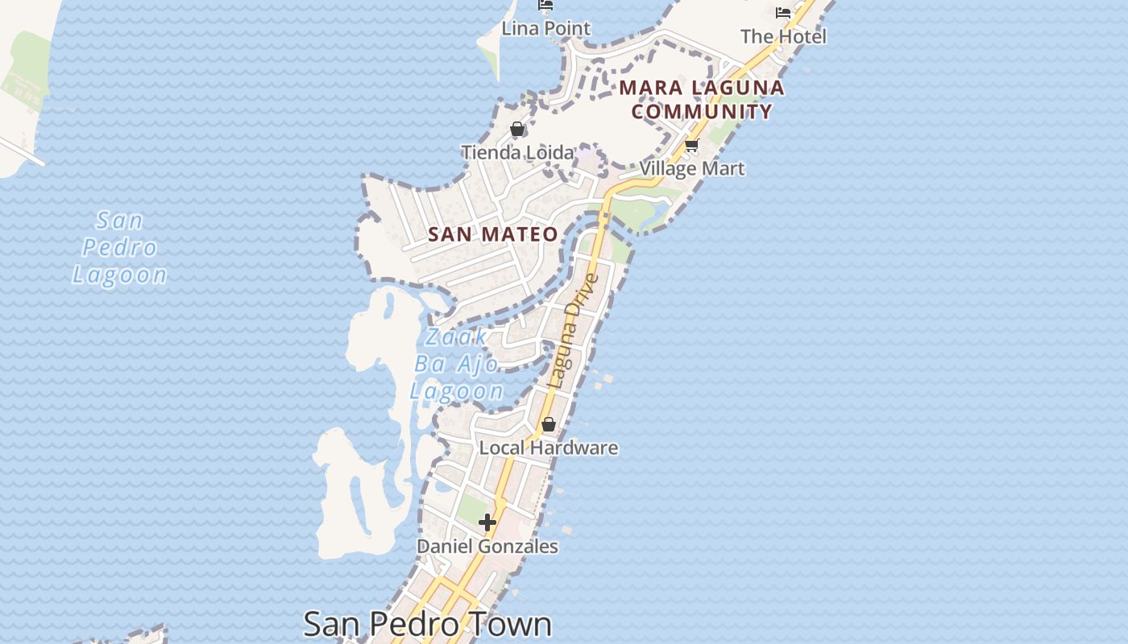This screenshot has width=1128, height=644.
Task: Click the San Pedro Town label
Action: (427, 624)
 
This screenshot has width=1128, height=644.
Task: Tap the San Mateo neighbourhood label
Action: (493, 234)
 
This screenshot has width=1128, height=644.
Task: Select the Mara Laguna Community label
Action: (702, 99)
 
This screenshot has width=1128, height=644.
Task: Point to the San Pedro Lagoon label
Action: (120, 247)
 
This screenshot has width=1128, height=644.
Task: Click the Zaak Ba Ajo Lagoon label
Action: (457, 364)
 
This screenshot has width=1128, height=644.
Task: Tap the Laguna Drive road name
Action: (573, 331)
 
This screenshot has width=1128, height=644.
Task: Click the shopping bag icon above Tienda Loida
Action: (517, 129)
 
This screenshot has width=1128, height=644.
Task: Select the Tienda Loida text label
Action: (518, 152)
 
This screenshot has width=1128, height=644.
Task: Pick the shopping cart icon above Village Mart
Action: (691, 146)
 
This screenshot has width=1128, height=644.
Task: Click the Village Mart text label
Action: (692, 169)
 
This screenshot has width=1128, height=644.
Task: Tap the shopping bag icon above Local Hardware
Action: (549, 424)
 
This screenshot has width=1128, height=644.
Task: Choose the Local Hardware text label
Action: (549, 448)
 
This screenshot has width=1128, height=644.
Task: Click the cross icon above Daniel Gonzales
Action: (487, 522)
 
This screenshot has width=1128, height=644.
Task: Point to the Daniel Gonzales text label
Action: (487, 547)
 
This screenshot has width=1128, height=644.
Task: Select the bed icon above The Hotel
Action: (783, 12)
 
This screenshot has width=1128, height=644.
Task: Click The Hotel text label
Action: (783, 36)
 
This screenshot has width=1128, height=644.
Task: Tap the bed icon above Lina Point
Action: (545, 6)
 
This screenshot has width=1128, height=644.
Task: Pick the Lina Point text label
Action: (546, 29)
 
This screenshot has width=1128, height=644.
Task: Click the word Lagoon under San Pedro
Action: (120, 275)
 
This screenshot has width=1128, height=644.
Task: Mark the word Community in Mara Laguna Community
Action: (702, 111)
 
